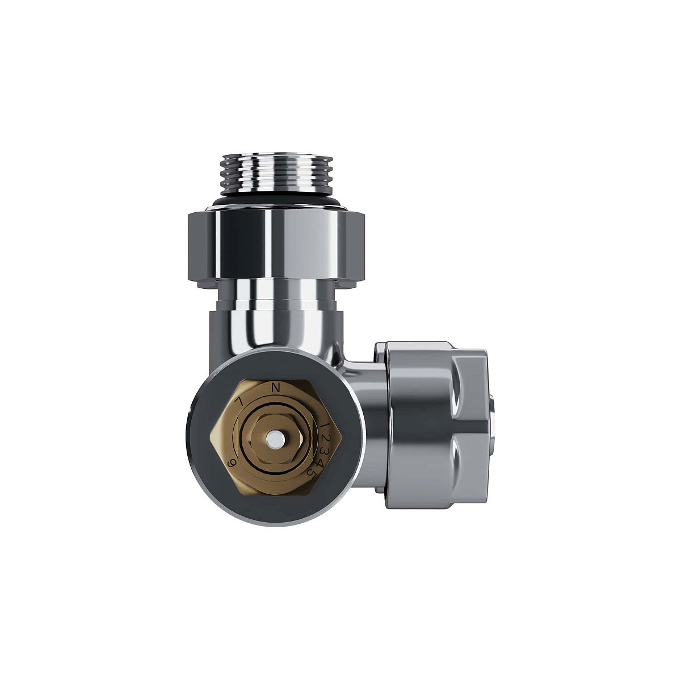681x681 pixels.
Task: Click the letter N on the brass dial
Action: point(276,388)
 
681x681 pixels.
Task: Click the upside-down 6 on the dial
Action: point(232,463)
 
